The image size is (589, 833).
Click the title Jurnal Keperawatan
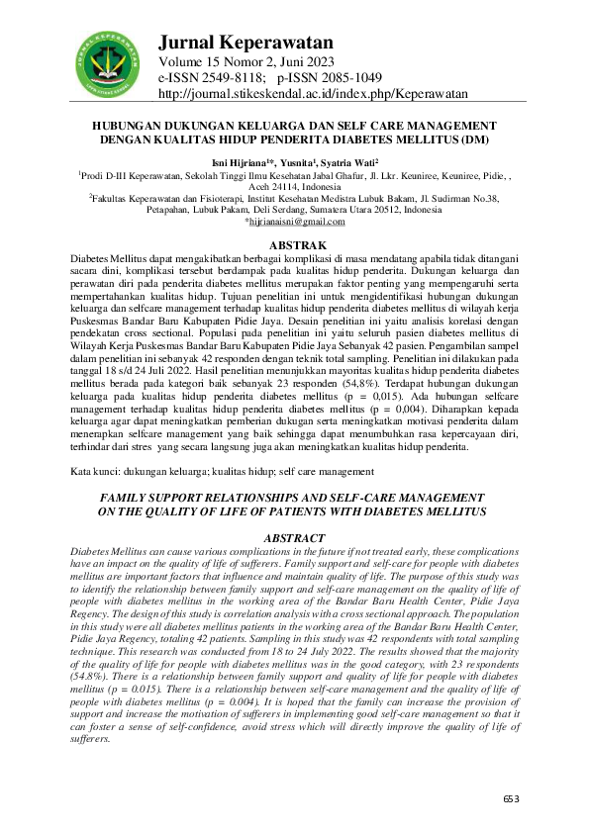[245, 43]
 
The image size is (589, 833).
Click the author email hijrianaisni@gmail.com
[296, 222]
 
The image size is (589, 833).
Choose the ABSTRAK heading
[294, 243]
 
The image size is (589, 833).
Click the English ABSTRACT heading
[293, 537]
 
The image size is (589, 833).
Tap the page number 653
[511, 797]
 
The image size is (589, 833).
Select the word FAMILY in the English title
[131, 496]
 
